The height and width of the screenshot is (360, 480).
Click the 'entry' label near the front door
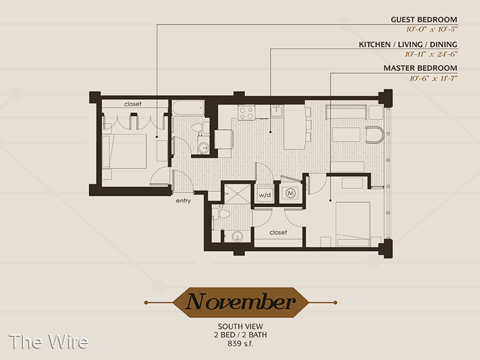pos(184,200)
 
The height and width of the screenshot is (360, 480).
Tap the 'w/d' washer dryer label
pos(265,195)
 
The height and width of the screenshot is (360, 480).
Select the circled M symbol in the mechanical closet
pos(290,193)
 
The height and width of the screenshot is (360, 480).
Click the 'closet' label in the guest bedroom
pos(133,104)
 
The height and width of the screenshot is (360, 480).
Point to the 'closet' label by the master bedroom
pos(278,232)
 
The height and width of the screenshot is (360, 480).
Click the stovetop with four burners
pos(247,112)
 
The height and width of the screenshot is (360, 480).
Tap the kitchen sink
pos(277,112)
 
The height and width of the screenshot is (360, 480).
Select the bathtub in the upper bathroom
pos(188,108)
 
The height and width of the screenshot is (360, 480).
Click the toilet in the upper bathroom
pos(200,127)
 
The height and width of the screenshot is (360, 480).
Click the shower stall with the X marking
pos(238,193)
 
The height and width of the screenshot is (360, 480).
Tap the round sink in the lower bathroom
pos(237,236)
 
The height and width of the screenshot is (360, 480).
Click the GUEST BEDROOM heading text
pos(424,20)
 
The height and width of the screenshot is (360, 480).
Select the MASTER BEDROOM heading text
pos(421,68)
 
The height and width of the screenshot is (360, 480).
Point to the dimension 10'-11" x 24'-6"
pos(431,54)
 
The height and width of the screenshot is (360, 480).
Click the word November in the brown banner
pos(241,302)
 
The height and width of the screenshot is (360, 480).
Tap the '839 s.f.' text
pos(241,343)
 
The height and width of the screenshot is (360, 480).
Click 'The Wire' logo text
pos(49,341)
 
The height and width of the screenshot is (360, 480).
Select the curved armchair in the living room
pos(374,134)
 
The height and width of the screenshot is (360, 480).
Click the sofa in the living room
pos(346,112)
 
